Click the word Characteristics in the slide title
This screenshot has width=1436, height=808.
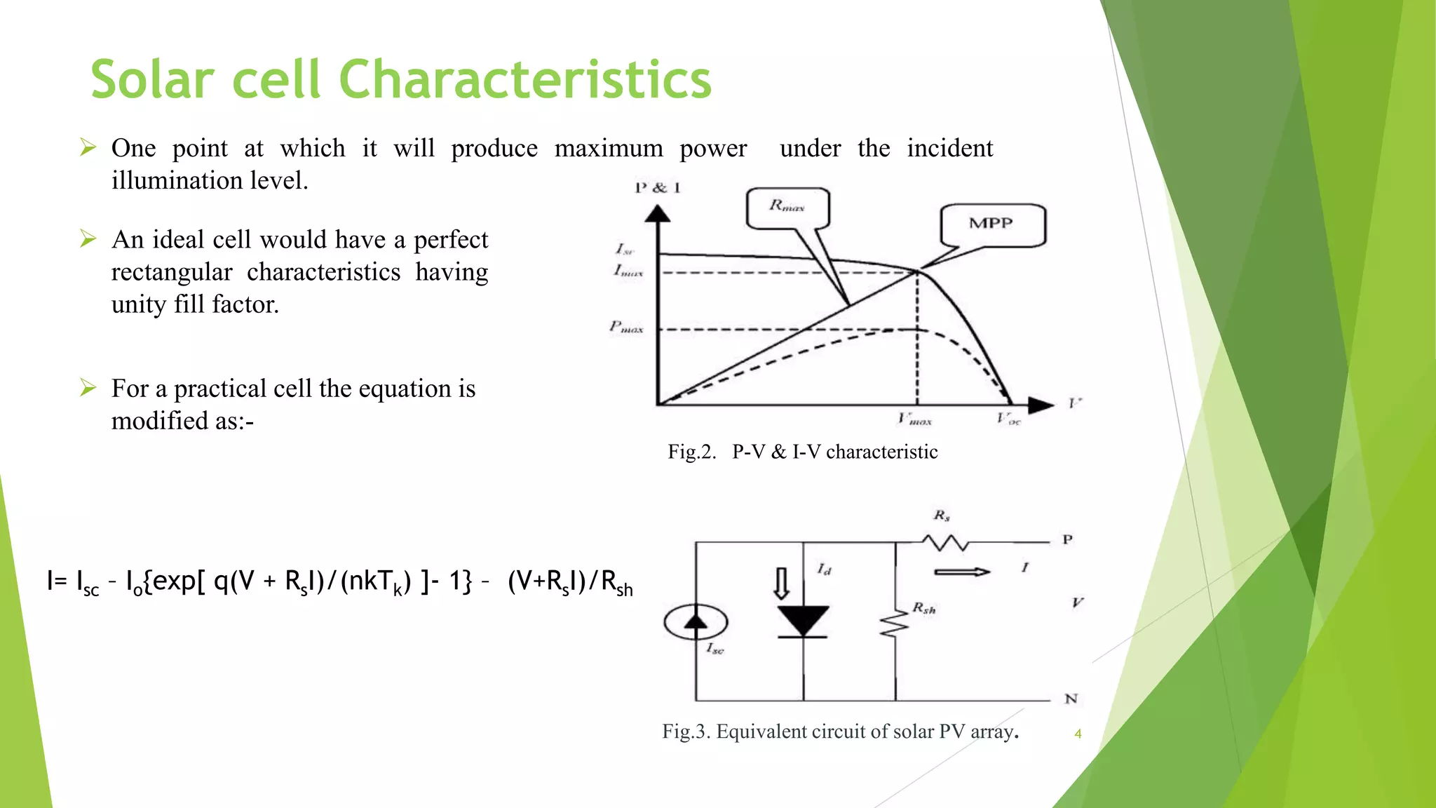[x=525, y=79]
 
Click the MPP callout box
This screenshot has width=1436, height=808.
[x=991, y=224]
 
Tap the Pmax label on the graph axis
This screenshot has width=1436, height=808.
[x=626, y=327]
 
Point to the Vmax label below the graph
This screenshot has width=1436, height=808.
[x=914, y=420]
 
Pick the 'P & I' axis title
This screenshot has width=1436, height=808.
[x=657, y=188]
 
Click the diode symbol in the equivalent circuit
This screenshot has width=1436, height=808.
[x=803, y=621]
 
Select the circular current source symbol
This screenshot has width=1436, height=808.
[x=696, y=622]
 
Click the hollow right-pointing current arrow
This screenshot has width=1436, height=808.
[x=962, y=572]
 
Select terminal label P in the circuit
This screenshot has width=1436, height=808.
[x=1067, y=540]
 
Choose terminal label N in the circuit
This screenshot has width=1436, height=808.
[x=1071, y=699]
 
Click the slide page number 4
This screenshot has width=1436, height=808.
[x=1078, y=734]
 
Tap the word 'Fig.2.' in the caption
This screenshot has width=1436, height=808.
[x=691, y=452]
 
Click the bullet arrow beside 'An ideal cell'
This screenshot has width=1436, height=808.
[x=88, y=239]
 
